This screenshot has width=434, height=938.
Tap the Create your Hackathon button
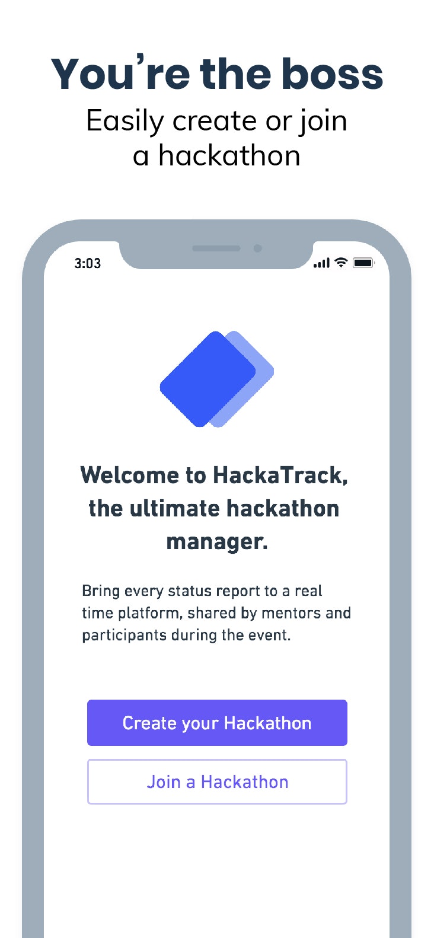click(x=217, y=723)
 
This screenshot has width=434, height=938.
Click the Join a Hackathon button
click(x=217, y=782)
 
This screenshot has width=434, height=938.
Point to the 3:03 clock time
click(x=88, y=263)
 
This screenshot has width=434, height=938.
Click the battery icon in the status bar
click(x=363, y=263)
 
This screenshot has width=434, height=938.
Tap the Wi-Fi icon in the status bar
click(x=341, y=262)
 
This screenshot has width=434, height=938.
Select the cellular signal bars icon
click(x=321, y=263)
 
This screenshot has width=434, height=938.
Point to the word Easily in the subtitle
click(x=125, y=122)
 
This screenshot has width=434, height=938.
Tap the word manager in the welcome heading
click(x=215, y=542)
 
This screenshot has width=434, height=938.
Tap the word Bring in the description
click(x=101, y=591)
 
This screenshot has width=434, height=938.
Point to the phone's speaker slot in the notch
click(x=216, y=248)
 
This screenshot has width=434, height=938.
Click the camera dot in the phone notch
click(x=257, y=248)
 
